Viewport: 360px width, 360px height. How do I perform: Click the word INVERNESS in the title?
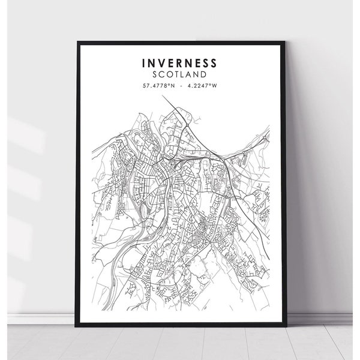[180, 63]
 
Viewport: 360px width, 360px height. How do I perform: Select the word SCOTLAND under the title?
[180, 74]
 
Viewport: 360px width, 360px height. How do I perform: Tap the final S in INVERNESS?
[215, 63]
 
